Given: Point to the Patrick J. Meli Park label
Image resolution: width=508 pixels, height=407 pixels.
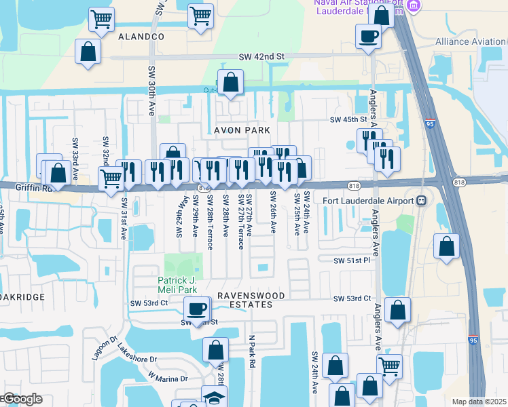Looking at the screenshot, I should tap(177, 284).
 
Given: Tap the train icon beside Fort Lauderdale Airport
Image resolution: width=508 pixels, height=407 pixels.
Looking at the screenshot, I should tap(421, 201).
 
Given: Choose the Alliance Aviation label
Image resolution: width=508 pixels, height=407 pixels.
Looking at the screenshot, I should tap(471, 41).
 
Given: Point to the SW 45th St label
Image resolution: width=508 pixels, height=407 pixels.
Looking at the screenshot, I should tap(348, 120).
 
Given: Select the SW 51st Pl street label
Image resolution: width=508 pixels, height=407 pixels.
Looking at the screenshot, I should tap(351, 260).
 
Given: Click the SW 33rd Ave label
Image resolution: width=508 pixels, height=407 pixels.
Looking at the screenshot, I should tap(75, 155).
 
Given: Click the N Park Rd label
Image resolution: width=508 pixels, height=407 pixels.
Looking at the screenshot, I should tap(251, 351).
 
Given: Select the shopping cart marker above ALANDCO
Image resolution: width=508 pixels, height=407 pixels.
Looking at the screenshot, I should tap(101, 20).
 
